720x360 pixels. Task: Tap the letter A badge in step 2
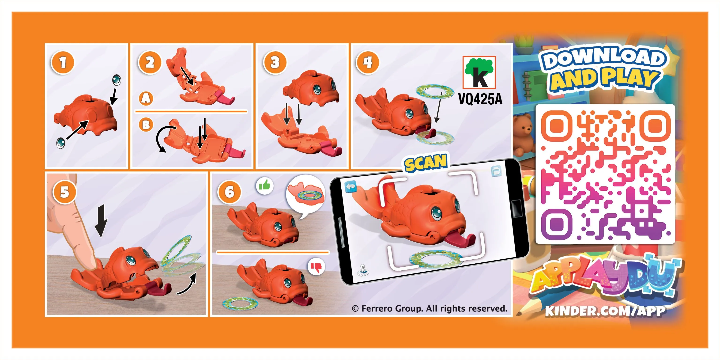click(x=146, y=99)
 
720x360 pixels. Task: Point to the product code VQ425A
click(x=480, y=99)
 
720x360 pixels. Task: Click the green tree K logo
click(x=479, y=72)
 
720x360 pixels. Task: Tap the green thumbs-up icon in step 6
click(x=264, y=185)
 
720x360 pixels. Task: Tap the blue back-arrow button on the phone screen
click(x=351, y=187)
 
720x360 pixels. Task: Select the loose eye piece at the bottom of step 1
click(x=61, y=143)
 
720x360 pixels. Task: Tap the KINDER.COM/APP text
click(x=605, y=311)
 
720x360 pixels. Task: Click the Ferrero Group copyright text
click(x=430, y=309)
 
